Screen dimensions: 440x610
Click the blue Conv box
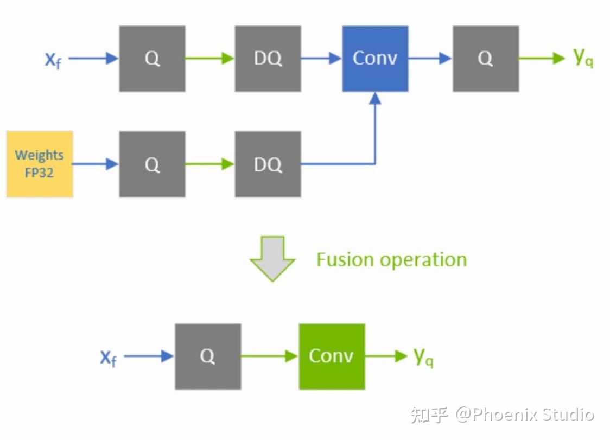coord(375,59)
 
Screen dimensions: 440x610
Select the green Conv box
coord(332,356)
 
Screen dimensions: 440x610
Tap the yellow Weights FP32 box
coord(40,164)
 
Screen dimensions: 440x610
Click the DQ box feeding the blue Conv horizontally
coord(268,59)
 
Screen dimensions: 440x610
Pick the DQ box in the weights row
coord(268,164)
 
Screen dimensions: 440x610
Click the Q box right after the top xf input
coord(152,59)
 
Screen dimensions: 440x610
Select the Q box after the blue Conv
coord(486,59)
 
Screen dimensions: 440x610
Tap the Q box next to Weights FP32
coord(152,164)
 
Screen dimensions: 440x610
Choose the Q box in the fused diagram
coord(208,356)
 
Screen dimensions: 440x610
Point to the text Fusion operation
coord(391,259)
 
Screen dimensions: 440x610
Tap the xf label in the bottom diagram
coord(108,358)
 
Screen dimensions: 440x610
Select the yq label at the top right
coord(583,58)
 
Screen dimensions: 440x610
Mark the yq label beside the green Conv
coord(423,357)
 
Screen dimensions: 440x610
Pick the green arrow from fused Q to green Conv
coord(269,356)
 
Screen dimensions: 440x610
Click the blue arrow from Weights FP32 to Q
coord(96,164)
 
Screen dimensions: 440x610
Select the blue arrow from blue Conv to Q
coord(430,59)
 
